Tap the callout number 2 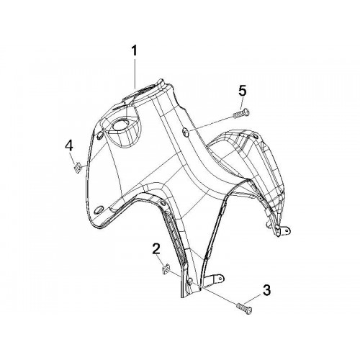click(x=156, y=250)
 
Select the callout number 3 click(x=266, y=290)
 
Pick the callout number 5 click(x=242, y=92)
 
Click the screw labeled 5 click(x=240, y=113)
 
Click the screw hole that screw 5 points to click(x=186, y=130)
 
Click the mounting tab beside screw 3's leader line click(x=215, y=279)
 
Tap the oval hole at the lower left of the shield click(x=99, y=210)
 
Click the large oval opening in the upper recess click(x=120, y=125)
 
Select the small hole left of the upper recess click(x=99, y=135)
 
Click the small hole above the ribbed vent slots click(x=163, y=204)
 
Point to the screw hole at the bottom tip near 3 click(x=190, y=282)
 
